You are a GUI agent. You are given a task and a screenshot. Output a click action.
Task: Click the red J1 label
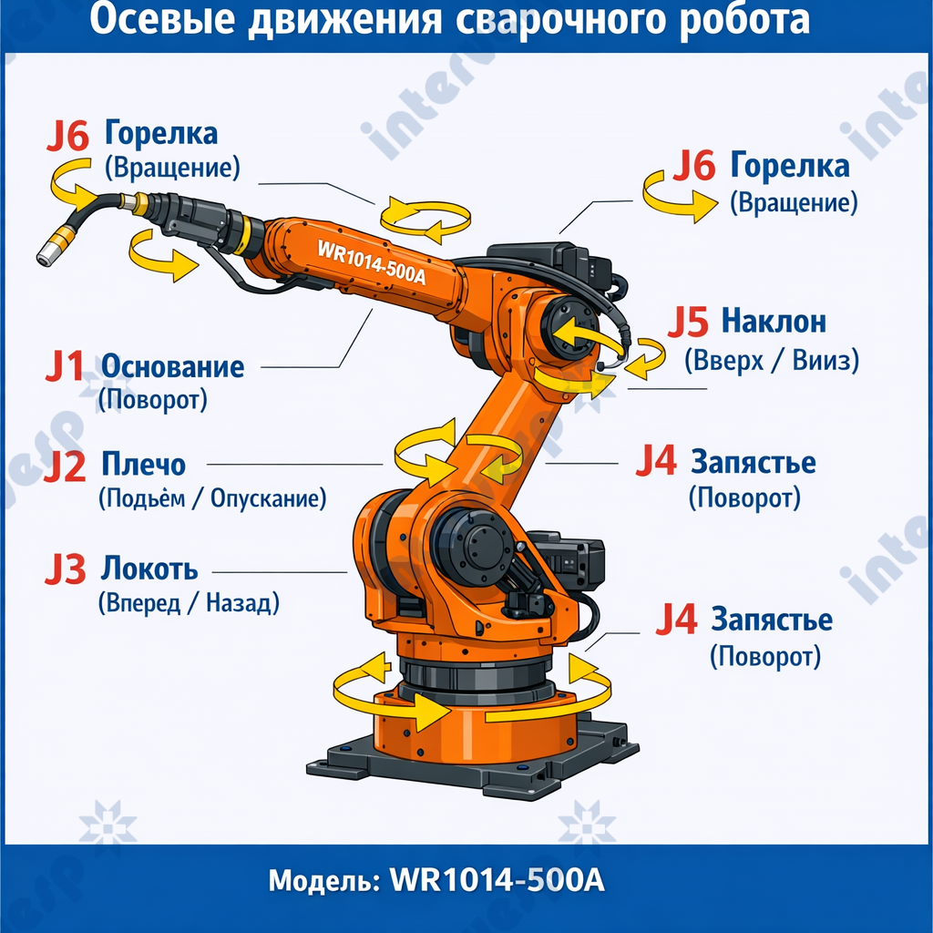click(x=65, y=368)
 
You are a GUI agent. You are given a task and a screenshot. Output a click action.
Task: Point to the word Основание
click(x=172, y=367)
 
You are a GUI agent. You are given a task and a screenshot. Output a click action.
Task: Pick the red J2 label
click(x=65, y=466)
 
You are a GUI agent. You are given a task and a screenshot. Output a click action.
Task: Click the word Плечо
click(x=143, y=465)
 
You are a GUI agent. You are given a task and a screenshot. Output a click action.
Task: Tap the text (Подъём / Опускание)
click(x=211, y=498)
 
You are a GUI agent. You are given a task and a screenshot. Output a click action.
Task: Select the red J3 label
click(x=65, y=570)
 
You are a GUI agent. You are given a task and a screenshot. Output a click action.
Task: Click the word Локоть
click(x=149, y=569)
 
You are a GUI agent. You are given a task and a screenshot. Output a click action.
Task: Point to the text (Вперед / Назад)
click(x=189, y=602)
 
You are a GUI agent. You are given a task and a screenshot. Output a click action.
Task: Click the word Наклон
click(x=774, y=322)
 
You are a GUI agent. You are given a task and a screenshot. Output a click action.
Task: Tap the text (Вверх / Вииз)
click(x=772, y=361)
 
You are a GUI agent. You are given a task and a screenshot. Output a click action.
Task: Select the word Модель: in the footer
click(x=323, y=882)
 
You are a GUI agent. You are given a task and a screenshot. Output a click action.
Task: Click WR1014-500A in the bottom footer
click(x=497, y=882)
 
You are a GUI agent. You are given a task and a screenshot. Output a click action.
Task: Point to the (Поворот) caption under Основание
click(x=152, y=399)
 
